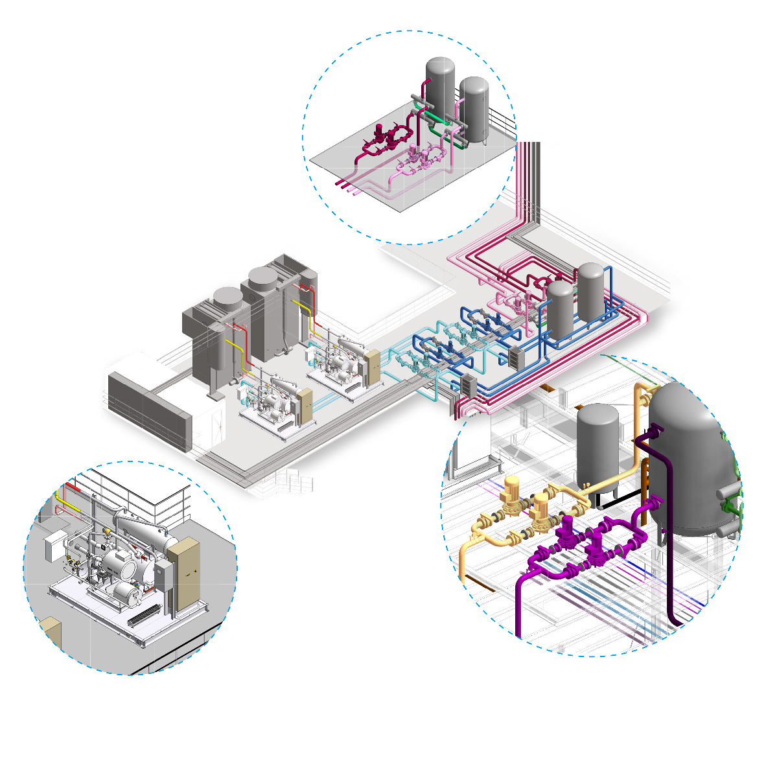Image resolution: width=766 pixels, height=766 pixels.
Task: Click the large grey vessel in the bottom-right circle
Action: click(x=690, y=460)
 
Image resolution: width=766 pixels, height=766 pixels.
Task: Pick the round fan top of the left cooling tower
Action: click(x=227, y=298)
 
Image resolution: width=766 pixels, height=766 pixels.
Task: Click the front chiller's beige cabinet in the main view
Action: click(x=305, y=406)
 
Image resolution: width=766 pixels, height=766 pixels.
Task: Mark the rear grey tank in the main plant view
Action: click(x=590, y=292)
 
